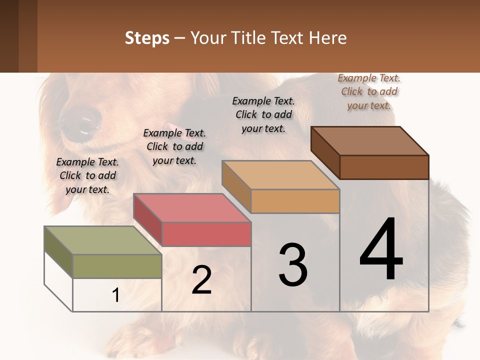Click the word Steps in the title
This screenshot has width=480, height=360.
point(147,38)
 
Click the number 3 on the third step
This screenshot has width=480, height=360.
point(293,265)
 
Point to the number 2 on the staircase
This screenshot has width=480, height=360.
point(201,279)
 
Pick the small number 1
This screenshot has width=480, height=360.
point(116,295)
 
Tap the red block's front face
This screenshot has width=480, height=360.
point(206,234)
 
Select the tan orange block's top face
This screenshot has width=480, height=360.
point(280,175)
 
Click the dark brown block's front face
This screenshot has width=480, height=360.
point(384,167)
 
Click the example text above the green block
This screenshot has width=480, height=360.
point(87,175)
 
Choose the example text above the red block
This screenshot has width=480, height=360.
point(174,146)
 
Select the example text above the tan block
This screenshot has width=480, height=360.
point(263,114)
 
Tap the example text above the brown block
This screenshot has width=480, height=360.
point(369,91)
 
